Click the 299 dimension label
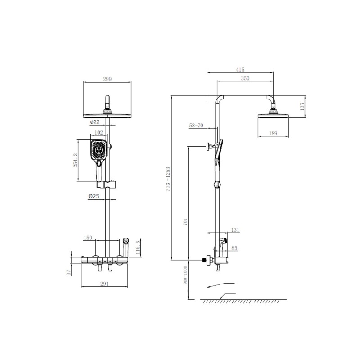[x=107, y=79]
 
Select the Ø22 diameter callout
[x=94, y=122]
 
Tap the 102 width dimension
[x=99, y=133]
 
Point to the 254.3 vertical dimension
[x=75, y=160]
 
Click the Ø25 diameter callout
[x=94, y=196]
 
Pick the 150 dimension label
[x=88, y=237]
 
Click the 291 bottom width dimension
[x=105, y=283]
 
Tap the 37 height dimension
[x=68, y=272]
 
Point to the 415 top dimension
[x=239, y=70]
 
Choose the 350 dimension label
[x=245, y=78]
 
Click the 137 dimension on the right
[x=302, y=107]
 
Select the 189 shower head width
[x=273, y=133]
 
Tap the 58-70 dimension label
[x=197, y=126]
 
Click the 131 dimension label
[x=234, y=229]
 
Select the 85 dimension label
[x=234, y=248]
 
